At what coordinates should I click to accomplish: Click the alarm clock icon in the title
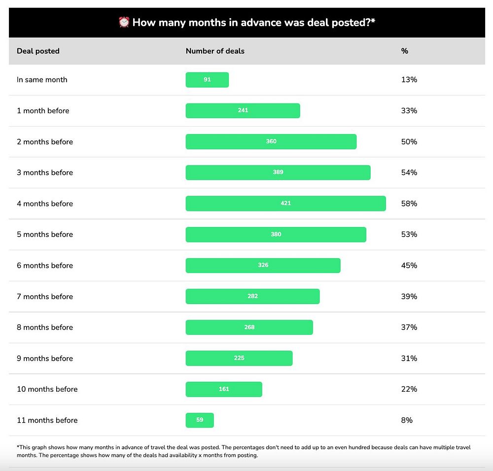124,22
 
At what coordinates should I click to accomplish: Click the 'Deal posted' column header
38,51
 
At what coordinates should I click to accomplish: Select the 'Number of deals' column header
215,51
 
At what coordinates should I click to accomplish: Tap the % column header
405,51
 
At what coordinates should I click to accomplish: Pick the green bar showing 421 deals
285,203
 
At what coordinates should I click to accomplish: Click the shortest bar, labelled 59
200,420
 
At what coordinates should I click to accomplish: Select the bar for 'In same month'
207,80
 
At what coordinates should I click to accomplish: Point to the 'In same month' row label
42,80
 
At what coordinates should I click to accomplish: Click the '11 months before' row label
47,420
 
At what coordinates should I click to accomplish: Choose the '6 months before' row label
45,266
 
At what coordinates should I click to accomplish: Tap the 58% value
409,203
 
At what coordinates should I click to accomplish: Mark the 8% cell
407,420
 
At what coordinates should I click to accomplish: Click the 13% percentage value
409,80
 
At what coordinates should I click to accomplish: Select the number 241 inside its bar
243,110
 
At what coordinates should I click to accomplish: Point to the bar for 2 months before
271,142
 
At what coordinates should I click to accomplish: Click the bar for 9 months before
239,358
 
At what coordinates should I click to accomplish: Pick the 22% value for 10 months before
409,389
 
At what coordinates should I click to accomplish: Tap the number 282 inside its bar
252,296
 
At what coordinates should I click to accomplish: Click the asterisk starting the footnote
18,447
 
